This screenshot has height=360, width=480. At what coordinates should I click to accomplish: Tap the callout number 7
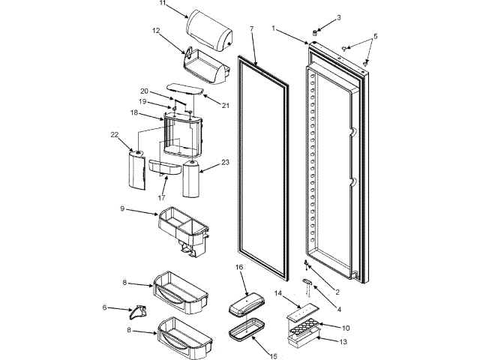pyautogui.click(x=252, y=28)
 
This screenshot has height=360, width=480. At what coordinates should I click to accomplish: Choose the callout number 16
pyautogui.click(x=240, y=266)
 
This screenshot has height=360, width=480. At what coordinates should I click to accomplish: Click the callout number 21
pyautogui.click(x=224, y=105)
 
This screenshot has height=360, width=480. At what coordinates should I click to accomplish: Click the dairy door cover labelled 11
pyautogui.click(x=206, y=29)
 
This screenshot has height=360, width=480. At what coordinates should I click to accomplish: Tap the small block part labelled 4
pyautogui.click(x=307, y=282)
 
